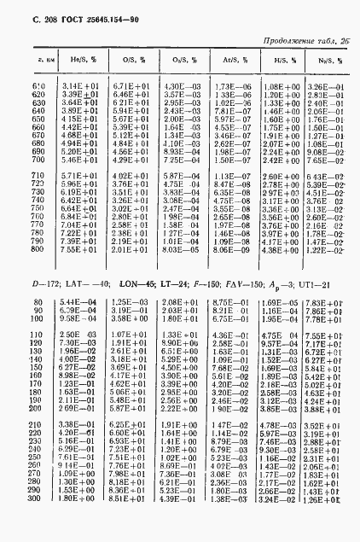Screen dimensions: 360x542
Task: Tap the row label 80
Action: (39, 303)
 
